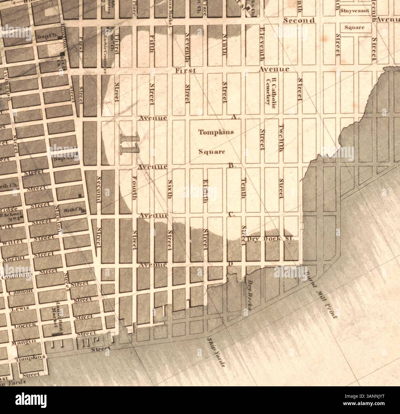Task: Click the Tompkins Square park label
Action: pos(216,142)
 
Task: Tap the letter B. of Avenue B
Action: pos(232,165)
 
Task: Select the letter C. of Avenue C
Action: pos(232,215)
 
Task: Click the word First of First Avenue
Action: pos(186,70)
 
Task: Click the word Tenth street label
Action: pos(244,189)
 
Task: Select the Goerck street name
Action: pos(22,324)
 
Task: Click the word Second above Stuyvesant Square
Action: pos(299,20)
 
